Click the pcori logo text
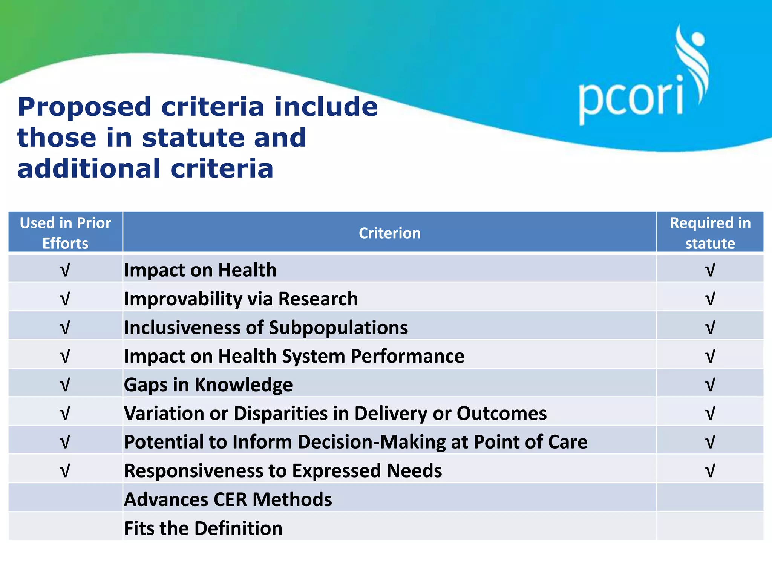click(x=631, y=99)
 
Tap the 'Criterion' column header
click(x=389, y=233)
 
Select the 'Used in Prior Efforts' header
click(x=65, y=233)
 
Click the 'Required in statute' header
click(x=710, y=233)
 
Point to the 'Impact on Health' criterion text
click(x=200, y=270)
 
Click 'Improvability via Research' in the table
click(x=241, y=299)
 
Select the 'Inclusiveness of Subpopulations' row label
click(x=266, y=327)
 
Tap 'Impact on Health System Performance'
click(x=294, y=356)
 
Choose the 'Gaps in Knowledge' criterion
click(x=208, y=384)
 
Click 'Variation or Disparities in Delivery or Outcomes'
click(x=335, y=413)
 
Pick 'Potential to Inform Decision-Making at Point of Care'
click(x=355, y=442)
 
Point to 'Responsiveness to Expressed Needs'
click(x=283, y=470)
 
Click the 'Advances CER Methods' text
click(x=228, y=499)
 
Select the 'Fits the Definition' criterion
click(x=203, y=528)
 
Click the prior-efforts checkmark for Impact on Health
click(x=65, y=270)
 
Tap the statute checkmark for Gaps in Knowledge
click(x=710, y=384)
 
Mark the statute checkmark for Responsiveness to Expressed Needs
click(x=710, y=470)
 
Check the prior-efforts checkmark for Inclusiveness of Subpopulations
click(x=65, y=327)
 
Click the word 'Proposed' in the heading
click(x=84, y=107)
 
